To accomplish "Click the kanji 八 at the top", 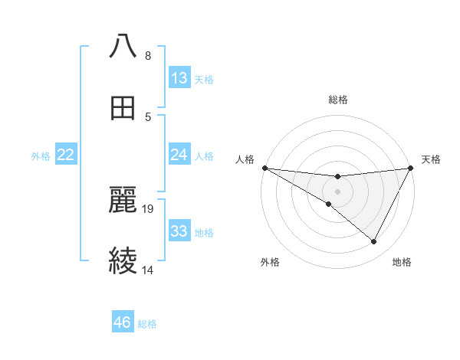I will coord(123,47).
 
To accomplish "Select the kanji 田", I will coord(123,108).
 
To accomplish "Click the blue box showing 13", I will coord(179,78).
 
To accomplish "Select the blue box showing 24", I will coord(179,155).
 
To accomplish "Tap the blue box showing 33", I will coord(179,231).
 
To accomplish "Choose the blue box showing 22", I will coord(66,155).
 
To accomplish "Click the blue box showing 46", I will coord(123,322).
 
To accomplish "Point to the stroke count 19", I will coord(149,208).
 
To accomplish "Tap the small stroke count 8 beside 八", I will coord(148,55).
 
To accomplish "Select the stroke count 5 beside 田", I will coord(148,116).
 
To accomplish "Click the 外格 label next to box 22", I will coord(41,155).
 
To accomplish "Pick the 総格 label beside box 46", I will coord(147,324).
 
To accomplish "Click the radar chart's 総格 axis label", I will coord(337,100).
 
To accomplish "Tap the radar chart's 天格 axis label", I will coord(431,159).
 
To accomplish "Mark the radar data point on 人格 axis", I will coord(264,168).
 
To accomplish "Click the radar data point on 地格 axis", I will coord(374,242).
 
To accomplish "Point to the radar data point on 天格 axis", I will coord(411,168).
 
